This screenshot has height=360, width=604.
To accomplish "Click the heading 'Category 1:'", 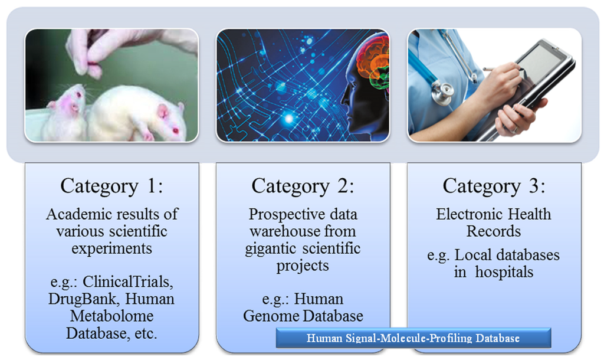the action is pyautogui.click(x=111, y=186).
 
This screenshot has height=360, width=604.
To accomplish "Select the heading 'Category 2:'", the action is pyautogui.click(x=303, y=186).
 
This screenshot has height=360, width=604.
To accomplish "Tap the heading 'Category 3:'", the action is pyautogui.click(x=494, y=186).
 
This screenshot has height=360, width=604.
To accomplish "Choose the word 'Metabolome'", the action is pyautogui.click(x=111, y=316).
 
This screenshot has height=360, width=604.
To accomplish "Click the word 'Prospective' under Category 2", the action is pyautogui.click(x=282, y=215).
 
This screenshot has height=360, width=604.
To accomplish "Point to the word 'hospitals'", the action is pyautogui.click(x=504, y=273).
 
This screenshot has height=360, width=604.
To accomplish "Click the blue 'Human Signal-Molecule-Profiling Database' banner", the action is pyautogui.click(x=413, y=338).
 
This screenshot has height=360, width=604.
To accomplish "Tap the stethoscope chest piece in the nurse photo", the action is pyautogui.click(x=442, y=93).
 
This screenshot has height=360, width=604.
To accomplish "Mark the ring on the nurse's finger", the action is pyautogui.click(x=514, y=129).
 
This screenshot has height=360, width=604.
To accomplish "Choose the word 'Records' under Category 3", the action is pyautogui.click(x=494, y=231).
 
